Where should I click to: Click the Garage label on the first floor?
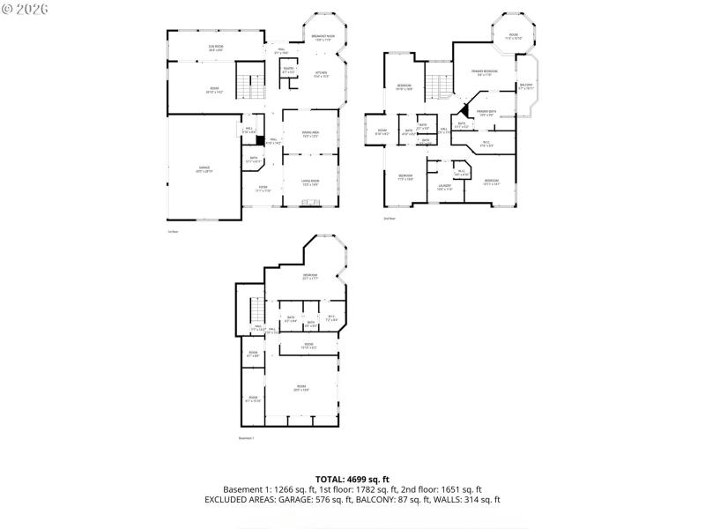[x=204, y=169]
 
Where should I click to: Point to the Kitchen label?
[x=322, y=74]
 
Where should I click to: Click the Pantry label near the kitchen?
[x=288, y=70]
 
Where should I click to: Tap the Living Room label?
[x=310, y=183]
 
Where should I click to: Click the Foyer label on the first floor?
[x=263, y=188]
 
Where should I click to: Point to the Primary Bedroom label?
[x=484, y=72]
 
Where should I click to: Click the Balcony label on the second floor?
[x=526, y=86]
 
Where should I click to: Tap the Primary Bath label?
[x=486, y=113]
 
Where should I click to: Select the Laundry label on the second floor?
[x=445, y=187]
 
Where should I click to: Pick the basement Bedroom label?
[x=310, y=276]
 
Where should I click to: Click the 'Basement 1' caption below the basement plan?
[x=246, y=438]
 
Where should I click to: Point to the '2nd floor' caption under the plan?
[x=389, y=218]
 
